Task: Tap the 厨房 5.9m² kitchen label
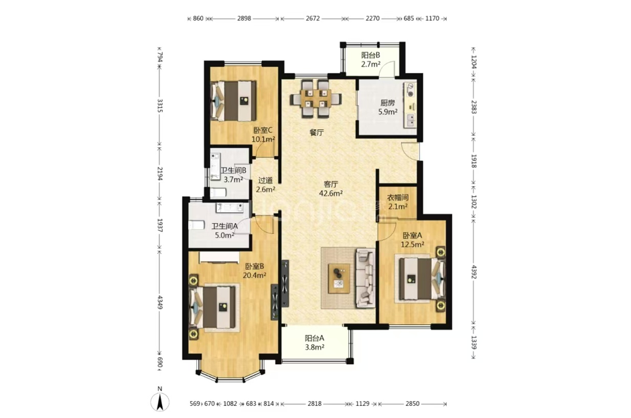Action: [388, 107]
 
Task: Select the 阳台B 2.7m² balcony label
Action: [370, 60]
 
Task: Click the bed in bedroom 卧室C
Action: [234, 100]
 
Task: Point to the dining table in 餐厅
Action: [316, 98]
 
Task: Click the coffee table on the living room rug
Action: [339, 279]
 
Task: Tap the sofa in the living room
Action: [365, 278]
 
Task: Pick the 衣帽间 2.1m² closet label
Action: [398, 202]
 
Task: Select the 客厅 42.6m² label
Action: [331, 189]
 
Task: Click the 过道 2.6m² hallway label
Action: [266, 185]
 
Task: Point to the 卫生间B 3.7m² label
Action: [233, 175]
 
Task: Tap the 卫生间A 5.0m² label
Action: [225, 231]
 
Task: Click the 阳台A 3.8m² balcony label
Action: [315, 342]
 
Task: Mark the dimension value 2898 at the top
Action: [244, 18]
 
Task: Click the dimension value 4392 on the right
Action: [474, 271]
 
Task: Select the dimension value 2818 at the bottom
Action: [315, 403]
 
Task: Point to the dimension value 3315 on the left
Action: [160, 107]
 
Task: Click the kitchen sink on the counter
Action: [410, 121]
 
